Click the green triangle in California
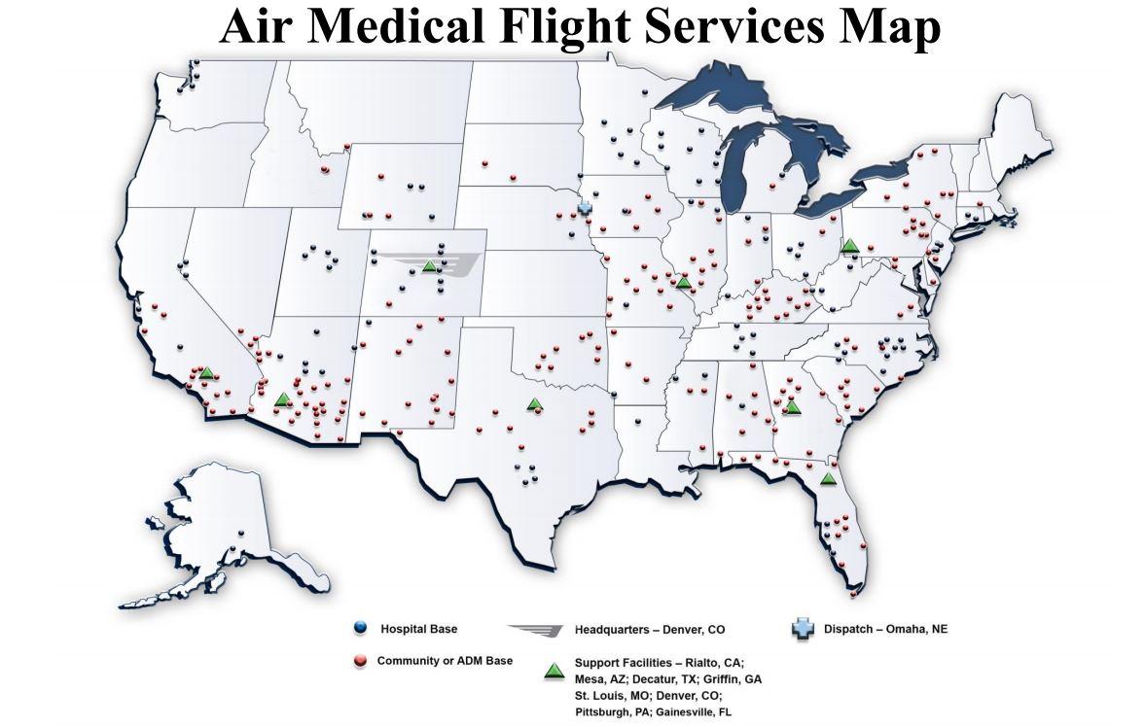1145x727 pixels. click(206, 372)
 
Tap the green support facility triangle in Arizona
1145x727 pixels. click(282, 398)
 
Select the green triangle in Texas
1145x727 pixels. click(533, 403)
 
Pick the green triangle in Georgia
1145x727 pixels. click(793, 406)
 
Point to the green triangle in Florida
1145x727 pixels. click(828, 478)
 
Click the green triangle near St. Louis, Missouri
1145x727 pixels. click(684, 283)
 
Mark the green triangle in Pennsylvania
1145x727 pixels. click(849, 246)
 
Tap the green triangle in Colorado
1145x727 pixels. click(430, 265)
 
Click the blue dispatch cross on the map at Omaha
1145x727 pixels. click(585, 209)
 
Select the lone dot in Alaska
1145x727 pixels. click(240, 532)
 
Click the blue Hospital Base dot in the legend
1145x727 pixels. click(360, 629)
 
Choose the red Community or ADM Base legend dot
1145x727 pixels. click(360, 662)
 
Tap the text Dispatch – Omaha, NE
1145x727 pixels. click(885, 629)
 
